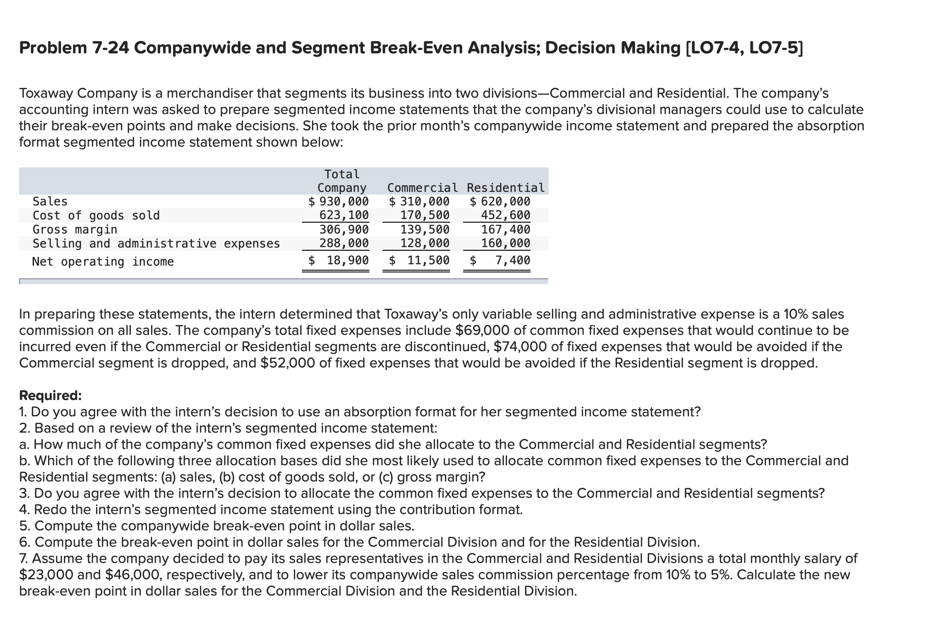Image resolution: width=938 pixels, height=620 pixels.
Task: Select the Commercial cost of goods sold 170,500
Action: click(x=425, y=215)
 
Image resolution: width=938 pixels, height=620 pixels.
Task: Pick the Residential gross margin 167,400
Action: click(x=505, y=229)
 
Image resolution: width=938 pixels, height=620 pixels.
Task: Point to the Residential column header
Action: click(x=506, y=188)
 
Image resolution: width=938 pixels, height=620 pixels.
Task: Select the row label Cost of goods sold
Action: click(x=96, y=215)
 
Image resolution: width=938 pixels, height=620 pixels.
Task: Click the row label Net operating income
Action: click(x=103, y=262)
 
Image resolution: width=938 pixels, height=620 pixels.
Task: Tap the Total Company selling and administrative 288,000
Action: click(x=344, y=243)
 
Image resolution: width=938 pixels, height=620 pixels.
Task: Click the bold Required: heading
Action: click(x=51, y=396)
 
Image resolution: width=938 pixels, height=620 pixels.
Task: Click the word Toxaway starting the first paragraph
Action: click(x=46, y=93)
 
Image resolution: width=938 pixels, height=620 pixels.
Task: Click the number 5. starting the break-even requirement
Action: click(x=25, y=526)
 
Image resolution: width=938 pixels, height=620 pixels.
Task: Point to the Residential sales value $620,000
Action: click(x=500, y=201)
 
